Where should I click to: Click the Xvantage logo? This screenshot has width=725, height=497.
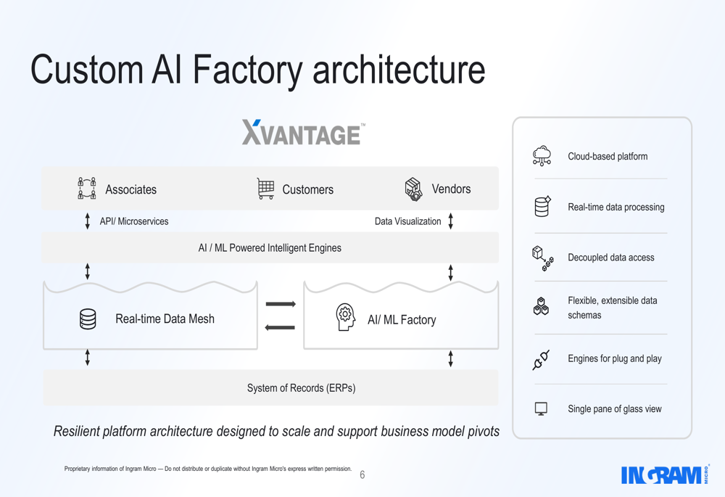303,133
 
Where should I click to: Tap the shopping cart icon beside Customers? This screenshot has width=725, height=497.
265,189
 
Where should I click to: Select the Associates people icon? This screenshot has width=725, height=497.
87,189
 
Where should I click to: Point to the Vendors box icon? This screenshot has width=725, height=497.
413,189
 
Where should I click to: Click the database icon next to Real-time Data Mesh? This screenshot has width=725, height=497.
88,319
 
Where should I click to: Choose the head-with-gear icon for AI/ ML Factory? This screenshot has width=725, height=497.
345,318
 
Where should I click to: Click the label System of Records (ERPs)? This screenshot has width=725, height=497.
301,388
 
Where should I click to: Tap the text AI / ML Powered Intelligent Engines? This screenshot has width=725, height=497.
270,248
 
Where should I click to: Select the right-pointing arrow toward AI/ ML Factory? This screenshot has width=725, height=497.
280,304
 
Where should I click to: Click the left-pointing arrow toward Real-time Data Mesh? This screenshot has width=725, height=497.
280,328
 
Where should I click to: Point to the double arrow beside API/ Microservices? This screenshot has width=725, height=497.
88,221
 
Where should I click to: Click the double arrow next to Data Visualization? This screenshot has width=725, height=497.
451,221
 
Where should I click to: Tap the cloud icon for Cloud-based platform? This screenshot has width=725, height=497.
542,156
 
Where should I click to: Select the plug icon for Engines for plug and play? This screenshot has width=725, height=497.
542,359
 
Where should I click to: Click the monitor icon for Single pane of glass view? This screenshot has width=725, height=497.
541,409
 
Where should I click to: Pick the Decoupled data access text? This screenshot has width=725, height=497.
610,258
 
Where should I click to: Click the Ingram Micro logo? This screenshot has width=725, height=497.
664,475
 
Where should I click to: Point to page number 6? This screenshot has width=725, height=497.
362,475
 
